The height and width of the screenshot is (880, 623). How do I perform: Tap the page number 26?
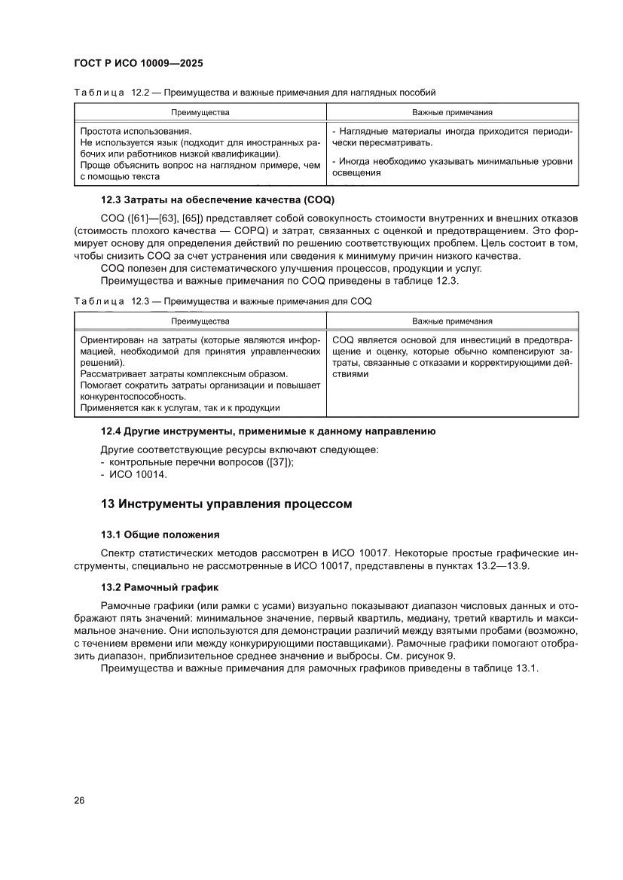tap(79, 799)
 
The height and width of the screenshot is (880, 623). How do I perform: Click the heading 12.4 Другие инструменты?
tap(268, 431)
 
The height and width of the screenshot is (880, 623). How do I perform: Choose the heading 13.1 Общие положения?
tap(160, 534)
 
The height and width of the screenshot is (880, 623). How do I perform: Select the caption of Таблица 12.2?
tap(255, 93)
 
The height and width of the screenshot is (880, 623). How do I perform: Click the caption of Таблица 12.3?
tap(222, 301)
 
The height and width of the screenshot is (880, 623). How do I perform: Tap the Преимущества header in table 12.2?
tap(200, 112)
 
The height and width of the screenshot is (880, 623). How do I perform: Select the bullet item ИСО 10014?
tap(138, 475)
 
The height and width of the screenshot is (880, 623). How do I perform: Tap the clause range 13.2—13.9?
tap(493, 566)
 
